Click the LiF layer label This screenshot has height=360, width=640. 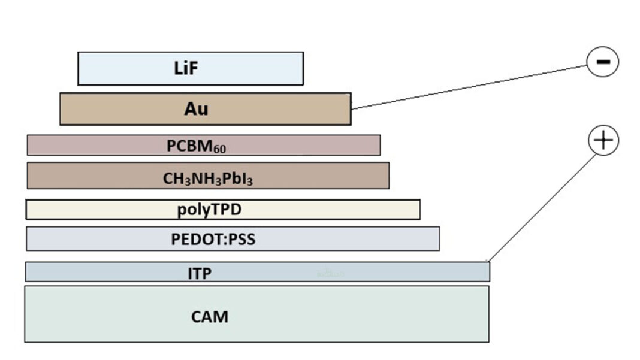[186, 68]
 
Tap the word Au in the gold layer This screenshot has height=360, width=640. [196, 109]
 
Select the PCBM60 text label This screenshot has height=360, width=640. [196, 146]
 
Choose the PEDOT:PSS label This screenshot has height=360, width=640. [213, 240]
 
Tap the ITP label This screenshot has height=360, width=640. [200, 274]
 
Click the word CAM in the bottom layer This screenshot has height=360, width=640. [209, 316]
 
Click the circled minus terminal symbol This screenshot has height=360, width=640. [602, 62]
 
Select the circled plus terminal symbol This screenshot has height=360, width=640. [603, 141]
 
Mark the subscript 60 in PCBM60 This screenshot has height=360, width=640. [221, 149]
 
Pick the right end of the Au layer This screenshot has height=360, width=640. [350, 108]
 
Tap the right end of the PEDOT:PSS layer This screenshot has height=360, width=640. [438, 238]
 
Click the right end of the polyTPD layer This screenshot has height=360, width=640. [419, 210]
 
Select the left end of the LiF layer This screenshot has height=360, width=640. [79, 68]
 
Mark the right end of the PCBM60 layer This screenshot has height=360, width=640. [379, 145]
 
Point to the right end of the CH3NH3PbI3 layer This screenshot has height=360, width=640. [388, 176]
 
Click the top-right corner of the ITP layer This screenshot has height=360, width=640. [489, 263]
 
